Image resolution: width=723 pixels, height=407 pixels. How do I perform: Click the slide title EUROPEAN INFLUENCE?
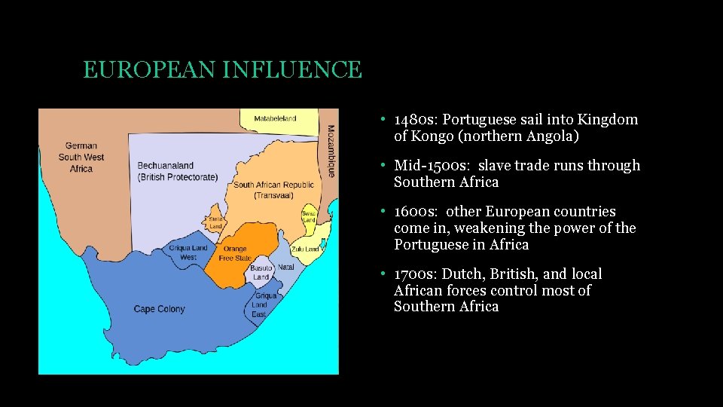coord(222,70)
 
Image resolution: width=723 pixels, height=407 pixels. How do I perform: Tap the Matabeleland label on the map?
coord(275,118)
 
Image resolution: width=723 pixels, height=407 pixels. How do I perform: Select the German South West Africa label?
coord(81,158)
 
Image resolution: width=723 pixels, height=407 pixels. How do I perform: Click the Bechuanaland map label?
coord(177,171)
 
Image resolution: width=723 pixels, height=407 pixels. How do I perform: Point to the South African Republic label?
coord(273,190)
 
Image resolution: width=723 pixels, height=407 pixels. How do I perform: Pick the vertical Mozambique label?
coord(331,151)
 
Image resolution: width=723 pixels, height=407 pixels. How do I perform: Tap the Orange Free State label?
coord(235,253)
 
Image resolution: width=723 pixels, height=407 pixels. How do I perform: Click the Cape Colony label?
coord(159,309)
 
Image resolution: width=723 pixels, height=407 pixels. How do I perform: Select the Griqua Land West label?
coord(188,252)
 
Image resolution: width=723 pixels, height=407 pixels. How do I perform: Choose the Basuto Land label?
coord(261,273)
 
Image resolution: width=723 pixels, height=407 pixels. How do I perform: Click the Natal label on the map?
coord(286,267)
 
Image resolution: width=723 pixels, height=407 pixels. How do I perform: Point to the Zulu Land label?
coord(305,249)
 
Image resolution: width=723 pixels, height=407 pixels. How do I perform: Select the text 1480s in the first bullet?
coord(413,120)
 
